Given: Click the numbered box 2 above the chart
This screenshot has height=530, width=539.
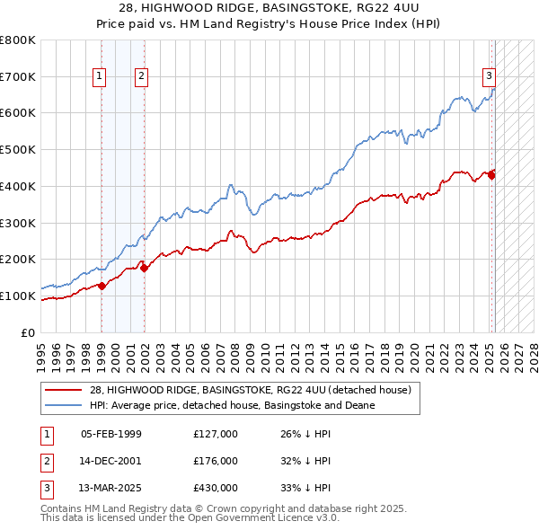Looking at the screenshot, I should pos(142,77).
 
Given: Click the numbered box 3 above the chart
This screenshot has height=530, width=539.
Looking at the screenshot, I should pos(490,77).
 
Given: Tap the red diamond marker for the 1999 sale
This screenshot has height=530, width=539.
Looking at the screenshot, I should pos(102,286).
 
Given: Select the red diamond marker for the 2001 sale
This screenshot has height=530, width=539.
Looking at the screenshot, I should pos(145,268).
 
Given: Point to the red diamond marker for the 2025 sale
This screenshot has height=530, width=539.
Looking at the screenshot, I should pos(491,175).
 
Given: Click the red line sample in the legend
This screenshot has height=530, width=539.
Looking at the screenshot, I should pos(65,390).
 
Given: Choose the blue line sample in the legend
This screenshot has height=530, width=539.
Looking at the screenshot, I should pos(65,405).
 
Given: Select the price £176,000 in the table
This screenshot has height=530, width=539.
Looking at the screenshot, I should pos(216,462).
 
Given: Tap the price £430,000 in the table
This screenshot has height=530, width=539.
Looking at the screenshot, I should pos(216,489).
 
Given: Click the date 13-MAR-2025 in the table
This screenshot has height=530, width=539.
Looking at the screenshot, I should pos(111,489).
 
